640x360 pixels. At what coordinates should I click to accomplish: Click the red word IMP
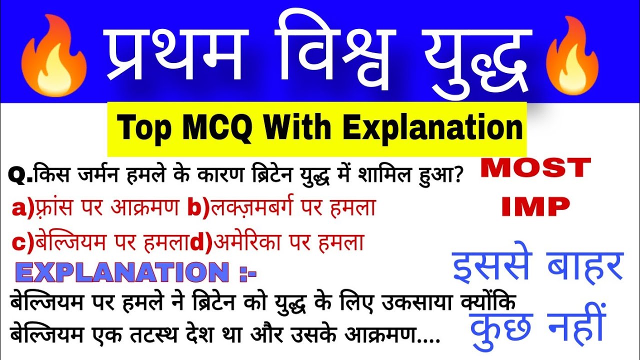tap(535, 206)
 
